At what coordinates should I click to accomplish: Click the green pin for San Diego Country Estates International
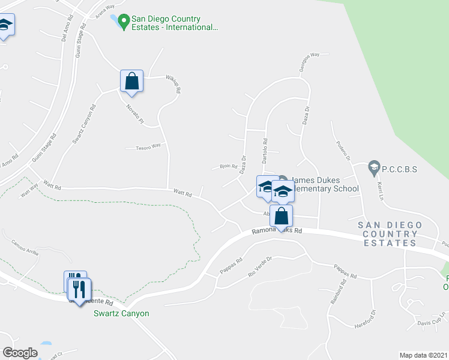(x=124, y=23)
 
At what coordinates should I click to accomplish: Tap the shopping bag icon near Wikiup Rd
(x=132, y=80)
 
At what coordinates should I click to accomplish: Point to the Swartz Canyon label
(x=121, y=313)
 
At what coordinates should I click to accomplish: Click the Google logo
(x=20, y=352)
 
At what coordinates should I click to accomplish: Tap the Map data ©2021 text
(x=423, y=355)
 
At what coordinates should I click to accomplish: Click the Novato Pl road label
(x=135, y=113)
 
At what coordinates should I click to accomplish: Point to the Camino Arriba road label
(x=25, y=248)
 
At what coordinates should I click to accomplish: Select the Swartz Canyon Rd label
(x=84, y=125)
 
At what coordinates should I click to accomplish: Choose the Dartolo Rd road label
(x=264, y=150)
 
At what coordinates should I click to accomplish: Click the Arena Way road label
(x=105, y=11)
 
